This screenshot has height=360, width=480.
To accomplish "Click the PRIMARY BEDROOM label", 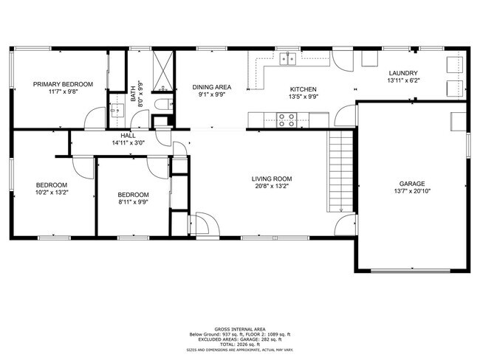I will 63,85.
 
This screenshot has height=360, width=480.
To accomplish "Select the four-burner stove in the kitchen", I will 287,120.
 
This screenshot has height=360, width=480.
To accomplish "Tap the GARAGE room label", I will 412,184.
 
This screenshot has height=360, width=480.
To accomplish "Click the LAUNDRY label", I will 403,72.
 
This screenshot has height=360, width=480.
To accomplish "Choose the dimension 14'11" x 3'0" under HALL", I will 128,144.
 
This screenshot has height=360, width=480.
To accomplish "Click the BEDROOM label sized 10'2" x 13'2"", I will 52,185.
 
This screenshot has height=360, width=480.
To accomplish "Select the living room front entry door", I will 202,224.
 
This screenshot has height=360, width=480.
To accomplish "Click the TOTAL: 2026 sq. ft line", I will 240,344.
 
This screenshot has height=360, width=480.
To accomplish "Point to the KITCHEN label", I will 303,89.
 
